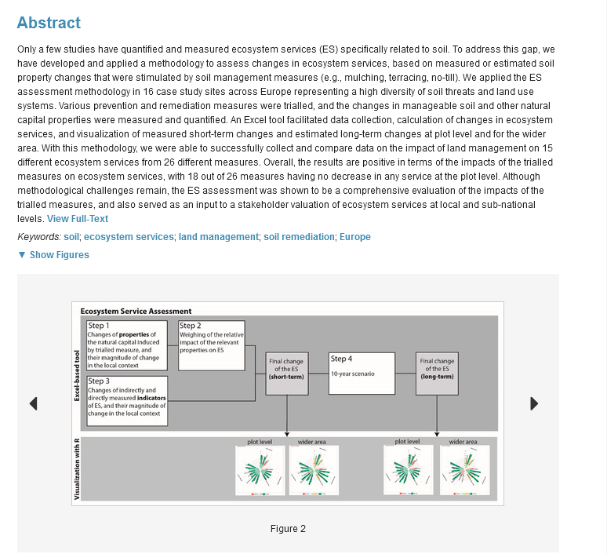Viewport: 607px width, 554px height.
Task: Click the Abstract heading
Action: click(49, 23)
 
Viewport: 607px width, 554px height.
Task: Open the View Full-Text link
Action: click(78, 219)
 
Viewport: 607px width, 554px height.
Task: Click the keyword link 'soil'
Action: click(71, 237)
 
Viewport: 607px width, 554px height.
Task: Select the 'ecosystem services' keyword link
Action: click(129, 237)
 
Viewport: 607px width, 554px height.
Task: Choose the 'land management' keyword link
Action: click(218, 237)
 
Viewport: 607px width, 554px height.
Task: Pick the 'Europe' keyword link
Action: click(355, 237)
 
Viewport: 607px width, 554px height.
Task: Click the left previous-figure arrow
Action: click(34, 403)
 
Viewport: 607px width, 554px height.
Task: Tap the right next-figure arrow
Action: click(534, 403)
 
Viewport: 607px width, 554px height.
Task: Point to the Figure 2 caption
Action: click(288, 529)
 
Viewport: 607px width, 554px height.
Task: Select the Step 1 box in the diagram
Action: click(126, 345)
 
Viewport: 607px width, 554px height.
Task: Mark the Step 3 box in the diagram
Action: click(126, 401)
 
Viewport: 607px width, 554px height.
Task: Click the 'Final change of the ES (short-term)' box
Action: click(287, 373)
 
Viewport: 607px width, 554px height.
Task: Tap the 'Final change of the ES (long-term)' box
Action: click(438, 373)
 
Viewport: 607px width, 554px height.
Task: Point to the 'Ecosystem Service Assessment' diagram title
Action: click(136, 312)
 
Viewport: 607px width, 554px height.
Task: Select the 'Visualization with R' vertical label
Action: click(77, 469)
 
